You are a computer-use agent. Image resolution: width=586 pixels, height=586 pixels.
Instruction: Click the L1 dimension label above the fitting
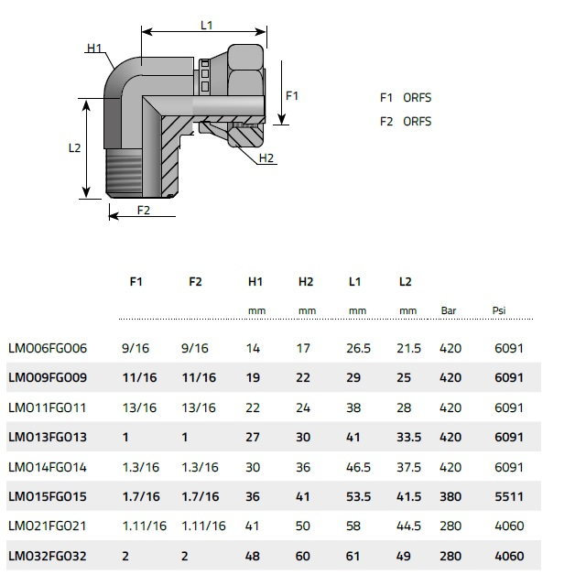[x=207, y=26]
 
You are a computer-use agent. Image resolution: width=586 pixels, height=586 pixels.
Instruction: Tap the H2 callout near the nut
[x=266, y=158]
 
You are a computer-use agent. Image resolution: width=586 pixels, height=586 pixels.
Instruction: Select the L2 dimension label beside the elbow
[x=76, y=148]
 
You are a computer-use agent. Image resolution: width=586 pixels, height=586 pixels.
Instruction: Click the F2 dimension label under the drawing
[x=144, y=211]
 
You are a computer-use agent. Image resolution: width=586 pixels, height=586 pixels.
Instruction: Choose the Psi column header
[x=499, y=309]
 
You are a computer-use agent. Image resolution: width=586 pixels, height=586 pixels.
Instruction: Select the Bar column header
[x=449, y=309]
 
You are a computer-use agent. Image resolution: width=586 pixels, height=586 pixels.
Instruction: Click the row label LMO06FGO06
[x=47, y=349]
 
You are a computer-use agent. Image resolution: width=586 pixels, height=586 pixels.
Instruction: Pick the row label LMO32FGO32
[x=47, y=554]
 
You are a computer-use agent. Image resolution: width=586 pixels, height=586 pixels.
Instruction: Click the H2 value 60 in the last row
[x=303, y=554]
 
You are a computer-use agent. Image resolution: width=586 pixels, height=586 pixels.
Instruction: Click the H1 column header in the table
[x=255, y=282]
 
